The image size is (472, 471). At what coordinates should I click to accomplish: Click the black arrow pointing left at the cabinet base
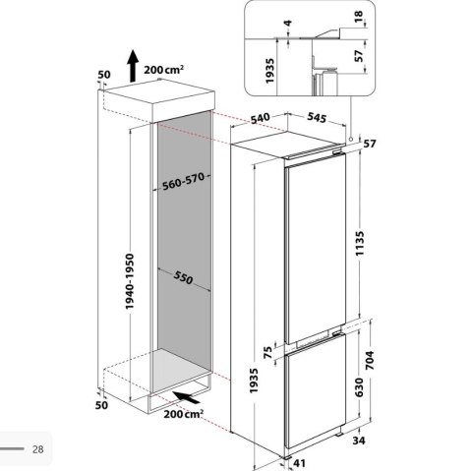pyautogui.click(x=181, y=396)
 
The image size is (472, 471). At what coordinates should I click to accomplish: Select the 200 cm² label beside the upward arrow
pyautogui.click(x=168, y=72)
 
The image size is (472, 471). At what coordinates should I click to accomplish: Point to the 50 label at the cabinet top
pyautogui.click(x=104, y=75)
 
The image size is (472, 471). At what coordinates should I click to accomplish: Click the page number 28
pyautogui.click(x=38, y=449)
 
